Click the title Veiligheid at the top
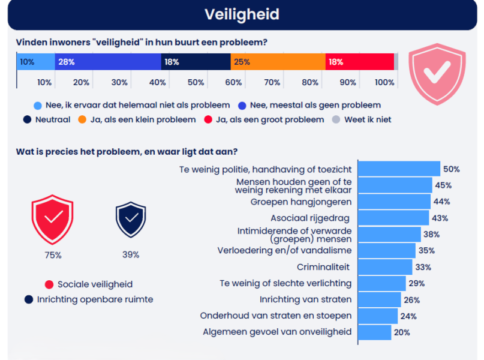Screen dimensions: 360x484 pos(242,14)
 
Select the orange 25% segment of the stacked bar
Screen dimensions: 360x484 pos(278,62)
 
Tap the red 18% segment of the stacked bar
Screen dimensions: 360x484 pos(359,62)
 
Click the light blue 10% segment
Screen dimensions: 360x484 pos(35,62)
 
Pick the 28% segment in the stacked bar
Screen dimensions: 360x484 pos(108,62)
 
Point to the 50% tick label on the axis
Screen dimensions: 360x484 pos(196,82)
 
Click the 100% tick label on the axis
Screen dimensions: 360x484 pos(384,82)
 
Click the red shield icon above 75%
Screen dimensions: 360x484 pos(53,219)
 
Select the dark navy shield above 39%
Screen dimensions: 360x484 pos(130,220)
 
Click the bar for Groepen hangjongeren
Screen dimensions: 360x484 pos(394,202)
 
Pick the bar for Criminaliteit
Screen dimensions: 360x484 pos(385,267)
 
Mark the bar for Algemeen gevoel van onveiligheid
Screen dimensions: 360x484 pos(374,332)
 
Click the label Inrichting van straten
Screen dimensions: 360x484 pos(305,299)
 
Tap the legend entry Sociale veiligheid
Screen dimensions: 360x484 pos(95,284)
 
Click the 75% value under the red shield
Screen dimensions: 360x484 pos(53,255)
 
